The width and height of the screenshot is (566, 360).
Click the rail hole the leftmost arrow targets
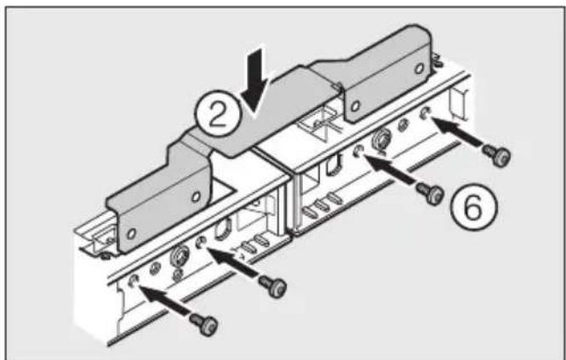coord(134,280)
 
